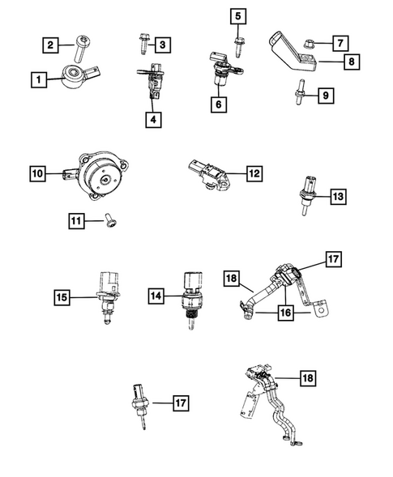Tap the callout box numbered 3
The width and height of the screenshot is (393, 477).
(x=163, y=44)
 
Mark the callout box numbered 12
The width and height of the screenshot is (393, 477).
(x=254, y=172)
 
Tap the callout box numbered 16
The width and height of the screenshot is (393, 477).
(x=285, y=313)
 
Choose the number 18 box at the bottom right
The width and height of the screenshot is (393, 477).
(x=308, y=377)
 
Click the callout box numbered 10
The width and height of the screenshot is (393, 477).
(x=37, y=172)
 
